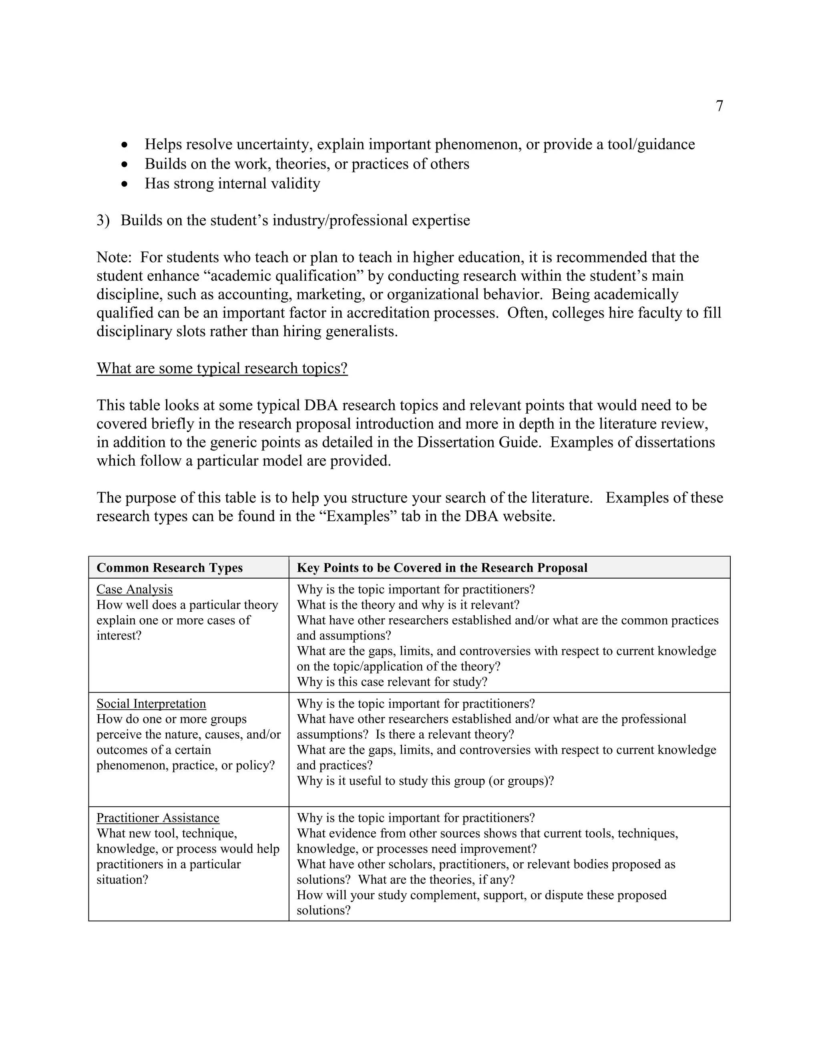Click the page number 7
tap(719, 106)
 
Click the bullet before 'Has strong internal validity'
tap(125, 184)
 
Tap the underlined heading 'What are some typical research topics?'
tap(222, 368)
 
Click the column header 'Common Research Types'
tap(169, 567)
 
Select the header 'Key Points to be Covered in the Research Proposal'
tap(442, 567)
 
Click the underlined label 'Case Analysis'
tap(134, 589)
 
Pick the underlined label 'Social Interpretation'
tap(151, 703)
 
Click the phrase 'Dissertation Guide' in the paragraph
tap(478, 442)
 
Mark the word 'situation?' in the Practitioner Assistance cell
tap(122, 879)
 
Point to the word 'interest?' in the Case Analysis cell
tap(119, 635)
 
